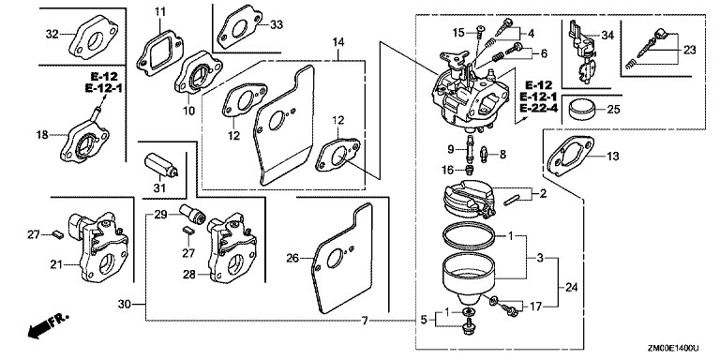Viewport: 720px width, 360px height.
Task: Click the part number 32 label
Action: tap(52, 34)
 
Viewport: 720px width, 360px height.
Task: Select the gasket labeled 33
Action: tap(239, 27)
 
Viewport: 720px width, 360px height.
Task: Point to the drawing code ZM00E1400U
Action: tap(673, 349)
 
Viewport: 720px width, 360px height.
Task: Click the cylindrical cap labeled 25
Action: tap(582, 111)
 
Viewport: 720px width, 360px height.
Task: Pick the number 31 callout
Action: tap(158, 187)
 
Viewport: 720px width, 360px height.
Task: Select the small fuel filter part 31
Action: tap(160, 165)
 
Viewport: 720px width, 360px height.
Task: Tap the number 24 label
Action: tap(571, 288)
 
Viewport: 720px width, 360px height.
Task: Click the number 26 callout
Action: tap(292, 259)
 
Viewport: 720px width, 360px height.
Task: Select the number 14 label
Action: tap(338, 43)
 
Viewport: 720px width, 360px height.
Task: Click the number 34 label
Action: tap(607, 35)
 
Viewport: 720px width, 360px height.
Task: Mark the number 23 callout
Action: tap(690, 50)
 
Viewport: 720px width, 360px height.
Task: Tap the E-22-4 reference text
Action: tap(539, 109)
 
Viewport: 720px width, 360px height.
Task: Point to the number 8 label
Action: tap(502, 155)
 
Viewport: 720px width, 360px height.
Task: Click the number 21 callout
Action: tap(56, 264)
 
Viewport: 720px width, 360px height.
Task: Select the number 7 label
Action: tap(364, 321)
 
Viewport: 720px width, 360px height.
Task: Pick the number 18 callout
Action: tap(42, 135)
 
